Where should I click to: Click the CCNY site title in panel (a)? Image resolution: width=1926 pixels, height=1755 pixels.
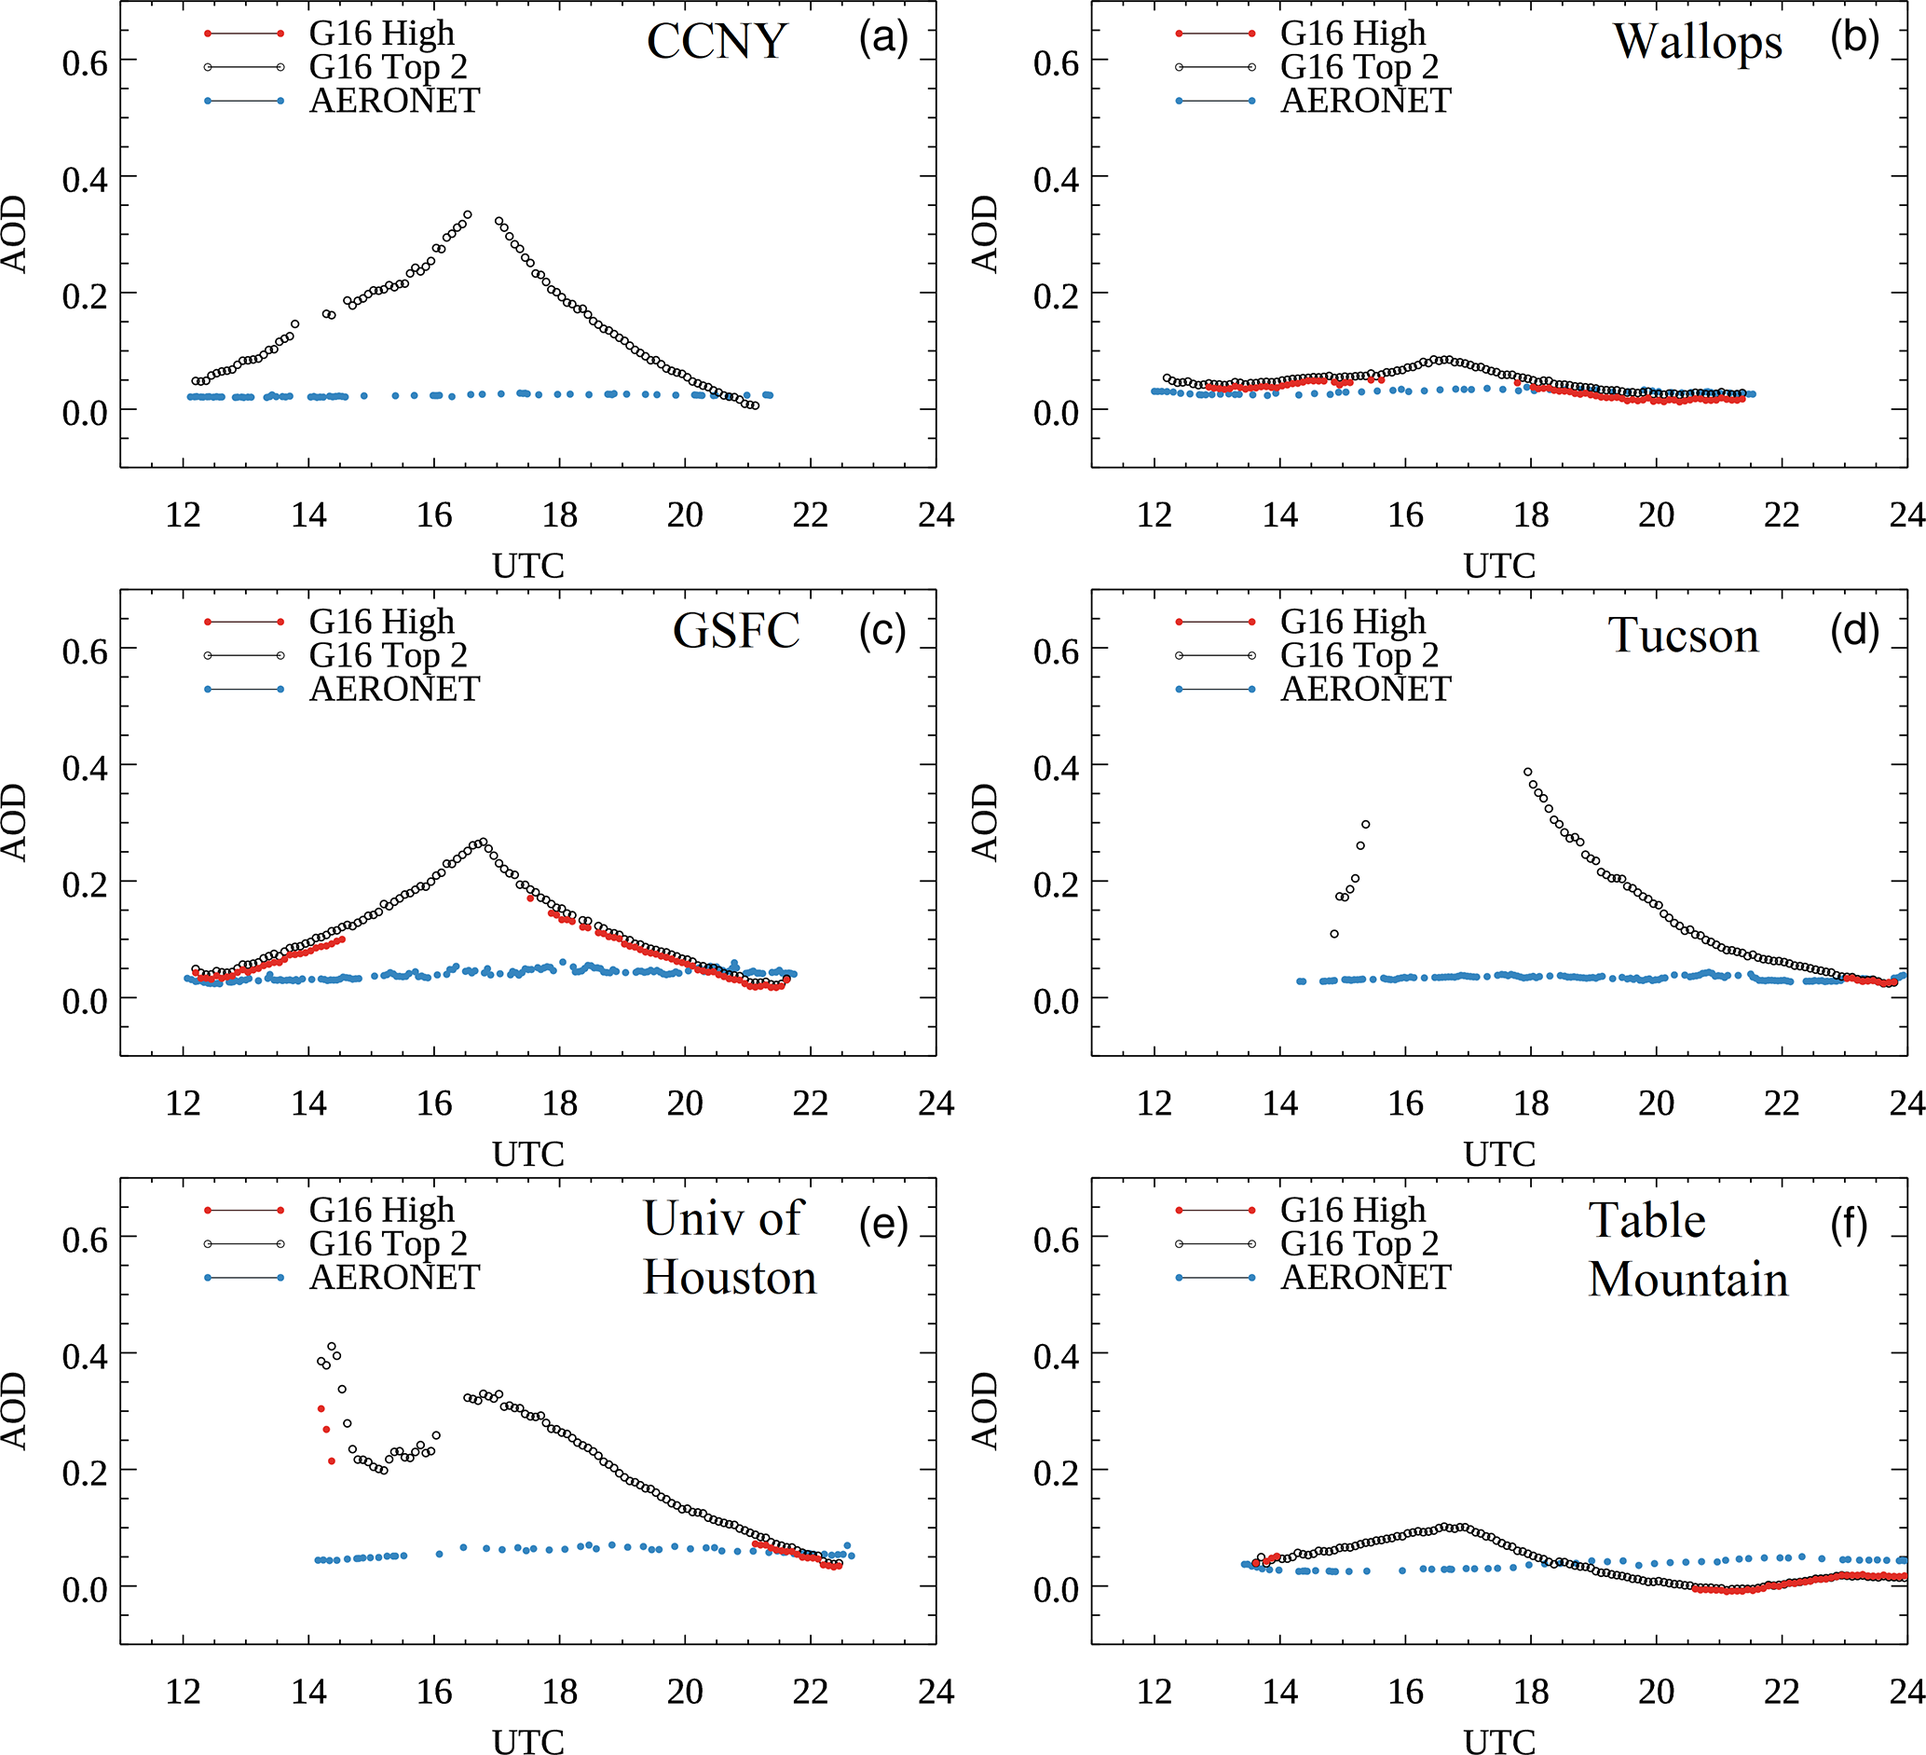[717, 41]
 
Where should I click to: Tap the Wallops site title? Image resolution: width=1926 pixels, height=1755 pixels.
[1698, 42]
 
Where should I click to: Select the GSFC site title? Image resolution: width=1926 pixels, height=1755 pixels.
[735, 631]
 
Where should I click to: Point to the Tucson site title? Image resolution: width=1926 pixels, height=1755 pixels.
[1683, 636]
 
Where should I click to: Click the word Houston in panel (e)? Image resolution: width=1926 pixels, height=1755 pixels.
[730, 1277]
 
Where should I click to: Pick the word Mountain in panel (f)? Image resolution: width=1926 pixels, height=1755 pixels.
[1688, 1280]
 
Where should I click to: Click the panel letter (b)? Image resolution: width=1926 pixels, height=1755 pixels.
[1854, 38]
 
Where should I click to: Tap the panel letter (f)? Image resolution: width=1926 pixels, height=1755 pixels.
[1849, 1226]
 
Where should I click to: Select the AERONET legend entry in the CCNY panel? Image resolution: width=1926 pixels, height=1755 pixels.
[393, 102]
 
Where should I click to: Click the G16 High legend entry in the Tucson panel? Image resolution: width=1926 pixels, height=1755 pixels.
[1352, 622]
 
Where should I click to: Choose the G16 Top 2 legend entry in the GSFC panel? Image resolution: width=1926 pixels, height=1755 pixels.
[388, 655]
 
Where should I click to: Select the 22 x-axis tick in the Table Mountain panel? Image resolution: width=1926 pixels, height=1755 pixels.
[1782, 1692]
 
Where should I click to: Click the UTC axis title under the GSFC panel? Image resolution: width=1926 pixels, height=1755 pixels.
[528, 1154]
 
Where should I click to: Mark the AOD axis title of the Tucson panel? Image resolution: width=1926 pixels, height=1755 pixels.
[984, 823]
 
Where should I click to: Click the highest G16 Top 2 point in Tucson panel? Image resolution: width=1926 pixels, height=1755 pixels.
[1527, 772]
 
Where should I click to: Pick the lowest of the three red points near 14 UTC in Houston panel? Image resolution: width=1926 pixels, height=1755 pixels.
[332, 1460]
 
